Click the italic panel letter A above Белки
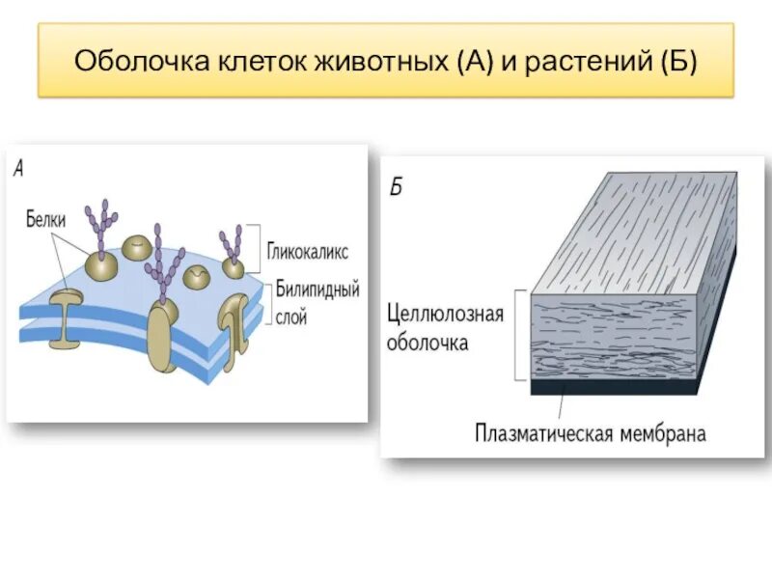19,168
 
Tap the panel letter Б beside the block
396,186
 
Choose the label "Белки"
45,220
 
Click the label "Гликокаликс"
308,251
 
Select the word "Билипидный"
317,289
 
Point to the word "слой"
290,315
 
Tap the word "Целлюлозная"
445,316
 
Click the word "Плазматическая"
543,433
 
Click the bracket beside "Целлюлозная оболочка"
522,334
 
